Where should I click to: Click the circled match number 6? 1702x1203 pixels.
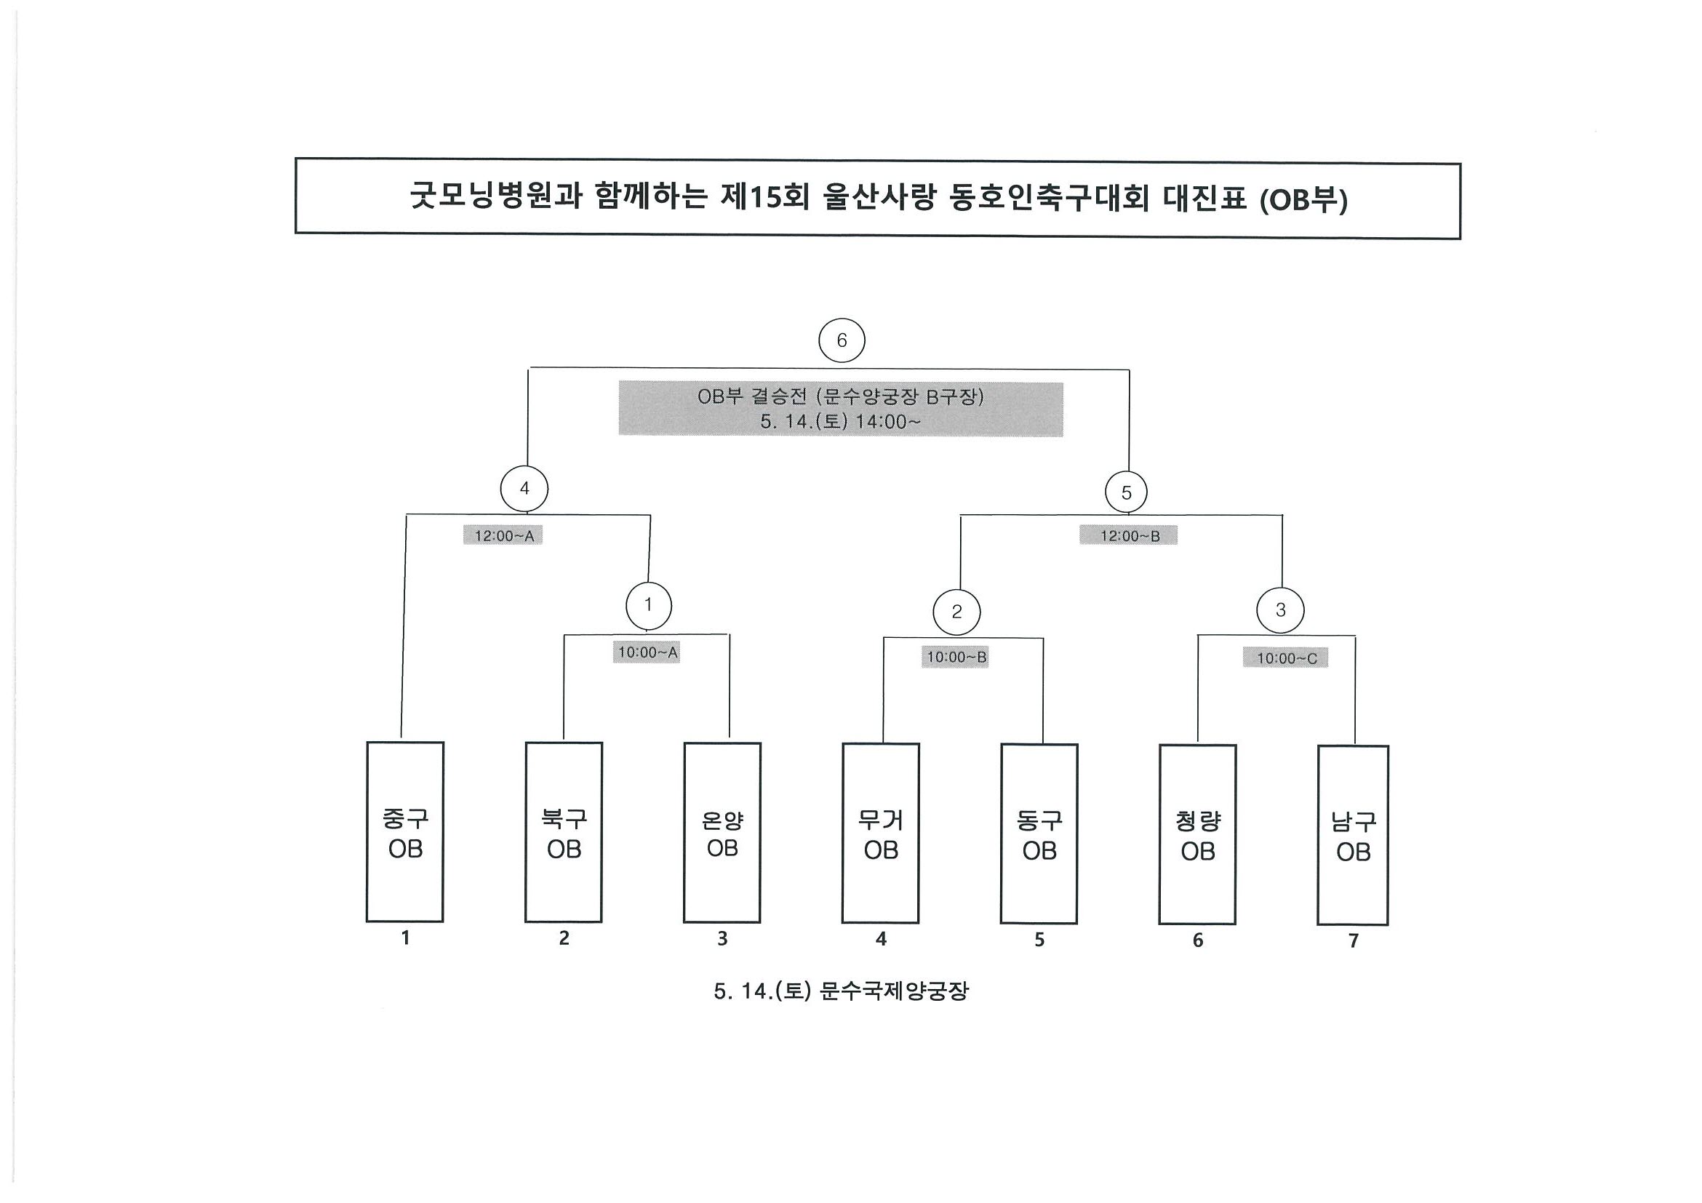[x=842, y=340]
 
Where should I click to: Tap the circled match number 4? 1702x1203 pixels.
[x=524, y=489]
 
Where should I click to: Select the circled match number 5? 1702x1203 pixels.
[x=1126, y=492]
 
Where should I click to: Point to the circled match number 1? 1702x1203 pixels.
[x=649, y=606]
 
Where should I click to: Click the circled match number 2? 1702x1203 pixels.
[x=956, y=612]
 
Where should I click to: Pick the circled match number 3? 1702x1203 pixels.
[x=1280, y=610]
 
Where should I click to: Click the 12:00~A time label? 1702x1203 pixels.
[x=503, y=535]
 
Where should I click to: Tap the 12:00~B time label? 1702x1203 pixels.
[x=1128, y=535]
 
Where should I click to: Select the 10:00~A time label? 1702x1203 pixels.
[x=647, y=652]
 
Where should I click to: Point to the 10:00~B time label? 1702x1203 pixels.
[x=956, y=657]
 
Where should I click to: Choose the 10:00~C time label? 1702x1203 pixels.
[x=1285, y=658]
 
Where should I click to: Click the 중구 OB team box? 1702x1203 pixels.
[x=404, y=831]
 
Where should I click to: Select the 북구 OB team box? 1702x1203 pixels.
[x=564, y=832]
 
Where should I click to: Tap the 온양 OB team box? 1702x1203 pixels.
[x=722, y=833]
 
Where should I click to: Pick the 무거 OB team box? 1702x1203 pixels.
[x=881, y=834]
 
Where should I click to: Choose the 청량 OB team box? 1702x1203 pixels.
[x=1198, y=836]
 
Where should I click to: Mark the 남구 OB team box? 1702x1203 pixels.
[x=1353, y=836]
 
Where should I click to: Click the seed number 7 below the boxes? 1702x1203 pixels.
[x=1353, y=940]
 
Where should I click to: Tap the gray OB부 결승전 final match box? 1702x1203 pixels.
[x=841, y=409]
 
